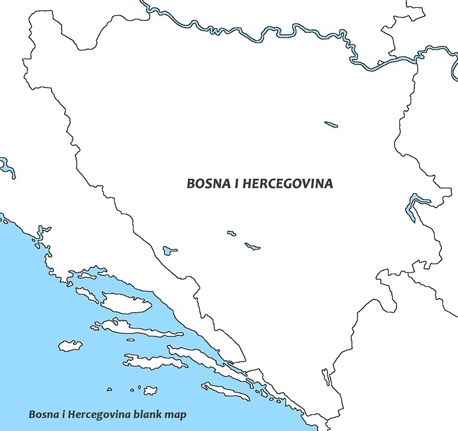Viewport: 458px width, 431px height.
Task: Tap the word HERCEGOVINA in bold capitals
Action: click(287, 184)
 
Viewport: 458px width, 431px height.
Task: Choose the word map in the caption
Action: click(177, 414)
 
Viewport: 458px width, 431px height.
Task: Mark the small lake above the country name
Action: click(331, 125)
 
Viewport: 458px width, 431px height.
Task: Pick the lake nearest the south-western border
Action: click(170, 249)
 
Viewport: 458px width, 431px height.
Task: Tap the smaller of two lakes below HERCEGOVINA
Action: click(231, 233)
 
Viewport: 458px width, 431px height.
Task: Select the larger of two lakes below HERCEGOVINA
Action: click(252, 246)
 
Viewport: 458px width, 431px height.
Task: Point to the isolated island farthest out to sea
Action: click(70, 346)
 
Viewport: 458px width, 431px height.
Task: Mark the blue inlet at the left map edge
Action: click(7, 167)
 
